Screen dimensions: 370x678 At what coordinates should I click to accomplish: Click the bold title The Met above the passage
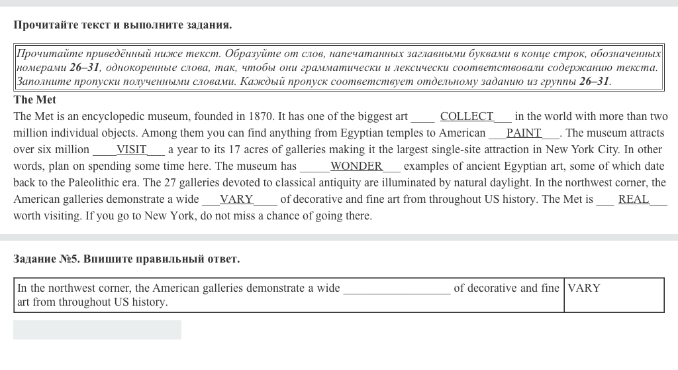[x=35, y=99]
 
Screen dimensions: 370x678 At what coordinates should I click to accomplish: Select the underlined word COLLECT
[x=467, y=117]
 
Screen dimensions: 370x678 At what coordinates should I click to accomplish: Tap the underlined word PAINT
[x=524, y=133]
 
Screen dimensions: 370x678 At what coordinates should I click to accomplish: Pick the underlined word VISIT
[x=132, y=149]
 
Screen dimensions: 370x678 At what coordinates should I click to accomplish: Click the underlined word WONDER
[x=356, y=166]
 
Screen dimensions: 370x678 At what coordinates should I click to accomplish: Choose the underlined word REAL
[x=633, y=199]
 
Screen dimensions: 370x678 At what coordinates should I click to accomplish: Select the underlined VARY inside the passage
[x=236, y=199]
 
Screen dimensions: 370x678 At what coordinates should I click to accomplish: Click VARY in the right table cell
[x=584, y=288]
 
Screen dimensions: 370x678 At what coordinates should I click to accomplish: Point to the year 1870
[x=262, y=117]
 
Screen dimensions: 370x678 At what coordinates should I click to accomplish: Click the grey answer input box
[x=97, y=330]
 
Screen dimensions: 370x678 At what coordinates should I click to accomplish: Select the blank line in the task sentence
[x=397, y=289]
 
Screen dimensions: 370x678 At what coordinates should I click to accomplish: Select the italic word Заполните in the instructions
[x=43, y=82]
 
